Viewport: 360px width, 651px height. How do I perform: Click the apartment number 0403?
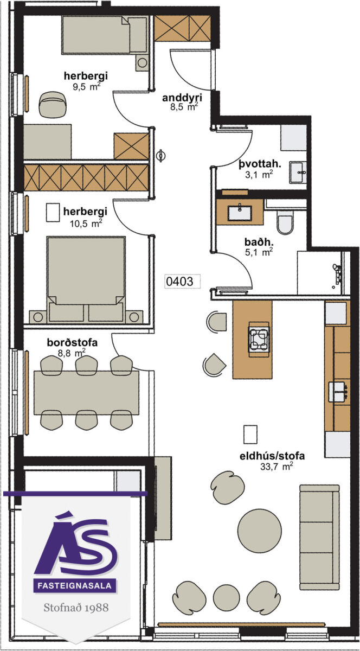(179, 282)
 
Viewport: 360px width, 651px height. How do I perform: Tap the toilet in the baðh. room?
(285, 222)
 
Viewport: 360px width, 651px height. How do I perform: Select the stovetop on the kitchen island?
(258, 339)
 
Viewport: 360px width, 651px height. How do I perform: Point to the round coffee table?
(260, 531)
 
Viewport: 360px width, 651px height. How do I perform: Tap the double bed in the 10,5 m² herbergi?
(86, 279)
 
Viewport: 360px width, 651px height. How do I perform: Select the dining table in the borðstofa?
(86, 393)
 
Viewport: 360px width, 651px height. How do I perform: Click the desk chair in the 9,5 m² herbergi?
(54, 104)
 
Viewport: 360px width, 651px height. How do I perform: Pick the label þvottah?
(260, 164)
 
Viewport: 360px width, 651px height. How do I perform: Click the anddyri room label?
(182, 98)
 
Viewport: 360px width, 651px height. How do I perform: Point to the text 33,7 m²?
(277, 554)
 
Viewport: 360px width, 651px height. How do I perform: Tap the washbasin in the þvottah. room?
(298, 173)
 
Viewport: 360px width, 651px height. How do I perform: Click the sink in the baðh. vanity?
(240, 213)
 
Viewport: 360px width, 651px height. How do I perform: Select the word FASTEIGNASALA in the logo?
(75, 585)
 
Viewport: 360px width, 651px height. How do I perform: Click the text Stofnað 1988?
(76, 608)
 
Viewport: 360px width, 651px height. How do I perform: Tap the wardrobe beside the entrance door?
(182, 28)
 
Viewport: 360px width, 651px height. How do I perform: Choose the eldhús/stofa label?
(272, 543)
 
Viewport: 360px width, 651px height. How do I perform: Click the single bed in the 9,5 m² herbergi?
(105, 35)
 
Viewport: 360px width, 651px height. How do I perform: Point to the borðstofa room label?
(72, 342)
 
